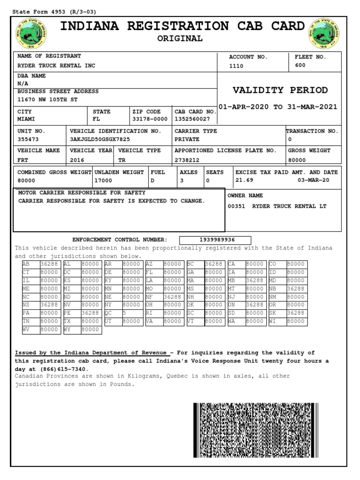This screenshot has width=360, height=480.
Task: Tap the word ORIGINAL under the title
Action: tap(180, 38)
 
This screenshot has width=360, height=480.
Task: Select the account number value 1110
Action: tap(236, 66)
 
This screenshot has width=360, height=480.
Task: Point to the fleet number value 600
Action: tap(300, 66)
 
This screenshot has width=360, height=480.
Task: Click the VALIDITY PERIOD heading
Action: tap(280, 90)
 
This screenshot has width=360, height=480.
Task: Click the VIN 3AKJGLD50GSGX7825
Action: tap(100, 140)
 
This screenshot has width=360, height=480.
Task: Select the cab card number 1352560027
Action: tap(192, 120)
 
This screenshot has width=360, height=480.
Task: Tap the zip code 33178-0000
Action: tap(150, 120)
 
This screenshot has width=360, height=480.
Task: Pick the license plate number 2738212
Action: tap(187, 160)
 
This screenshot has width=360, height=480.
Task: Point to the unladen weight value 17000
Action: tap(103, 180)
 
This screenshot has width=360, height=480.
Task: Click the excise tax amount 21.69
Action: tap(244, 180)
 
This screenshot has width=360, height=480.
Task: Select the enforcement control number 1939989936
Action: tap(215, 240)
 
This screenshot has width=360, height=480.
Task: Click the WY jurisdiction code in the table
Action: tap(68, 330)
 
